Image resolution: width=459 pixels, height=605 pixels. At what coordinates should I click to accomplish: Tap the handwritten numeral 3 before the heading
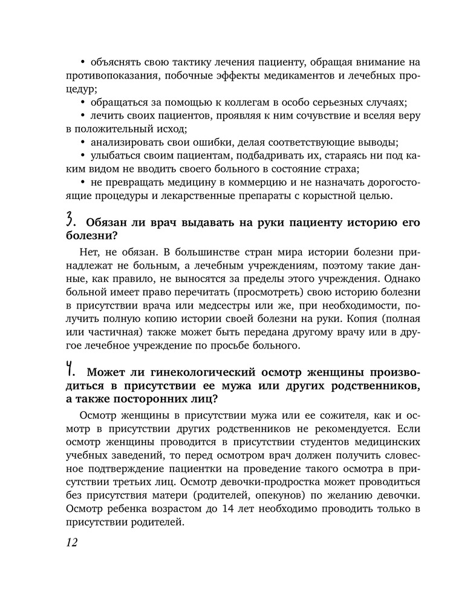click(71, 221)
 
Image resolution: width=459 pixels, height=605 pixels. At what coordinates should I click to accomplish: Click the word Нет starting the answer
click(88, 251)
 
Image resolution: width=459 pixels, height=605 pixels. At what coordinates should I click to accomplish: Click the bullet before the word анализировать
click(83, 142)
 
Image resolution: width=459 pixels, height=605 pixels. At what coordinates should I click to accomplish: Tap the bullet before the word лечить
click(83, 115)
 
